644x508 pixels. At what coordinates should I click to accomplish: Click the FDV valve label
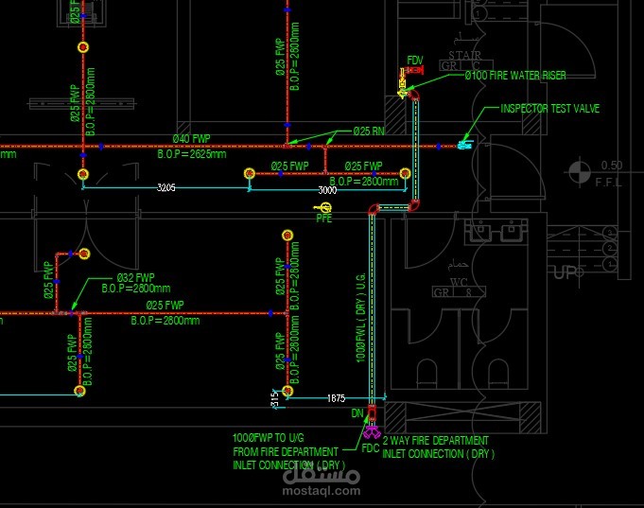[x=415, y=61]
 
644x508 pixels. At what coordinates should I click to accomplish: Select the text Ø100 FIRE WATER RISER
[x=514, y=75]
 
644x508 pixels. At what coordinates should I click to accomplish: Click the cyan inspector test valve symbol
[x=463, y=145]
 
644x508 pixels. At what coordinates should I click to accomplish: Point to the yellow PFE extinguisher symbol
[x=323, y=207]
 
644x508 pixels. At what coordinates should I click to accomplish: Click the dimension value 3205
[x=165, y=189]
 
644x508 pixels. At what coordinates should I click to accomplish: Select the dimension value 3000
[x=327, y=190]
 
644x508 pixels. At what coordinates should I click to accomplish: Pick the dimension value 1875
[x=336, y=398]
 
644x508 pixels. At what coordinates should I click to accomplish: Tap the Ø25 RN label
[x=369, y=131]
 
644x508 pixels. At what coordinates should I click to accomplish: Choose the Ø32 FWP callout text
[x=135, y=278]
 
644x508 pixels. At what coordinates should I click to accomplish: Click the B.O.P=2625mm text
[x=192, y=153]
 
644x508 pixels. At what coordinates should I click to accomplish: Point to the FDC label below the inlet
[x=371, y=448]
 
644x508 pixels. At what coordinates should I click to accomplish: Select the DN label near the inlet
[x=357, y=413]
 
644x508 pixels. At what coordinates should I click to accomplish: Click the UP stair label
[x=565, y=273]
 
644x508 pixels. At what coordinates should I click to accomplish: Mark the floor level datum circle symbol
[x=577, y=172]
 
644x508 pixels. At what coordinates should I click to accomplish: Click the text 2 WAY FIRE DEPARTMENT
[x=435, y=441]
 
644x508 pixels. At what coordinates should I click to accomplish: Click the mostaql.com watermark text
[x=322, y=490]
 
